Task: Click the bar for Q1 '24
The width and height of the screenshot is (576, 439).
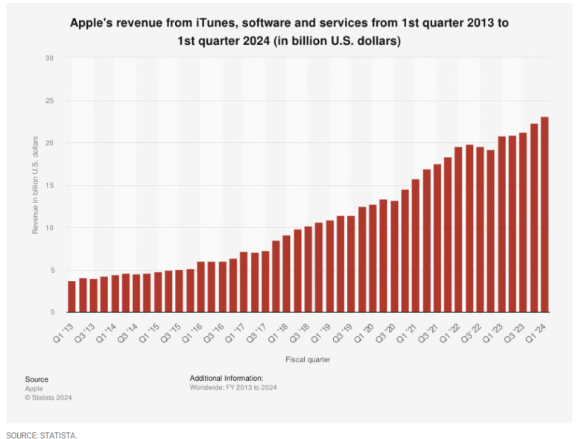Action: [x=545, y=215]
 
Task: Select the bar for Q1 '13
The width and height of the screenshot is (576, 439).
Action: [x=72, y=297]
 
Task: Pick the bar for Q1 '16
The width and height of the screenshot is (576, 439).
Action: [x=201, y=287]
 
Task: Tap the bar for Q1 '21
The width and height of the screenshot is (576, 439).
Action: [x=416, y=246]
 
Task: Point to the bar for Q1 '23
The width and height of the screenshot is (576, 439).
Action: [x=501, y=224]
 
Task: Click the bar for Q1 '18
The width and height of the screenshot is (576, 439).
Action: [x=287, y=274]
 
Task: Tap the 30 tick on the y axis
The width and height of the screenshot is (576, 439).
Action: [x=49, y=58]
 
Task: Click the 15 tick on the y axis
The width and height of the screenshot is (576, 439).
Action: [x=50, y=186]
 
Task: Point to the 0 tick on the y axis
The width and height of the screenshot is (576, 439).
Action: [x=52, y=312]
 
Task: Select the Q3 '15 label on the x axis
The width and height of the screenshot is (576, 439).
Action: [x=171, y=333]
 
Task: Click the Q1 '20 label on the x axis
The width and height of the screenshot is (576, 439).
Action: [x=364, y=333]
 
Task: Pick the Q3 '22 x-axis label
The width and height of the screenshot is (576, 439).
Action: [x=472, y=333]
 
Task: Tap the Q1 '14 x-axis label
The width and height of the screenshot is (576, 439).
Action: [x=107, y=333]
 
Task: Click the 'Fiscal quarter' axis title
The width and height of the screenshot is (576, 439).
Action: [x=308, y=360]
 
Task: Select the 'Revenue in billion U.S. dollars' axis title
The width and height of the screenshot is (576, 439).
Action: [x=35, y=185]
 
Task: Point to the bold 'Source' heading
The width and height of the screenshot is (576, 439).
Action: [x=37, y=379]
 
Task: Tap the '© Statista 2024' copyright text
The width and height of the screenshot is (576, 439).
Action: [x=48, y=397]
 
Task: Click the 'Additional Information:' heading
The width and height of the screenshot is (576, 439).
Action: [x=227, y=378]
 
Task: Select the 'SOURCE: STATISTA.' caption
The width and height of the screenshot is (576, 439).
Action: [x=42, y=436]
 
